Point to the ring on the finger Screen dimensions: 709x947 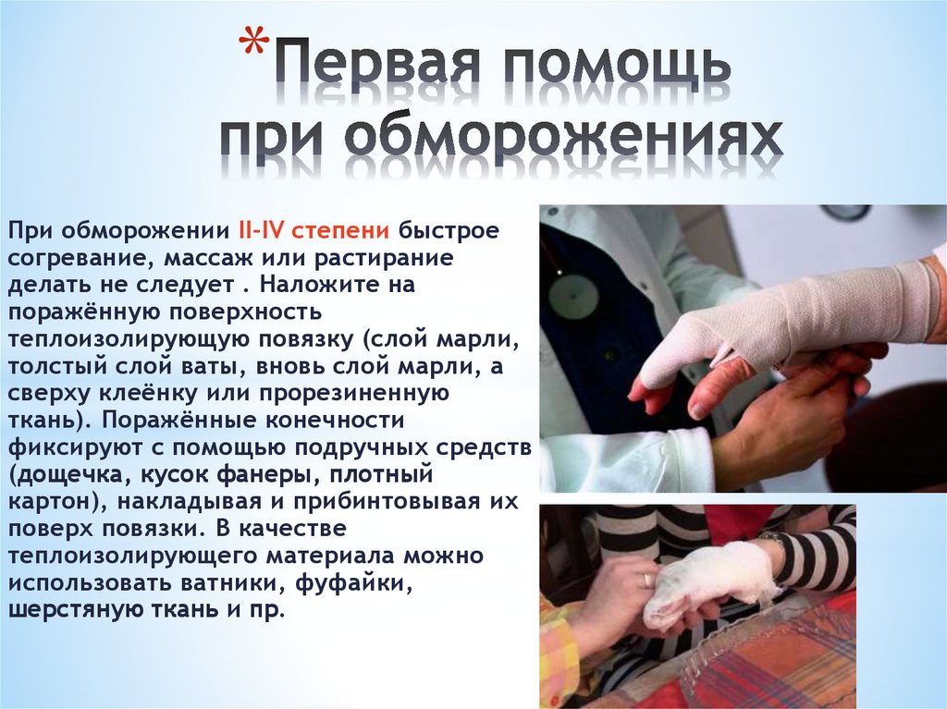[x=646, y=581]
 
